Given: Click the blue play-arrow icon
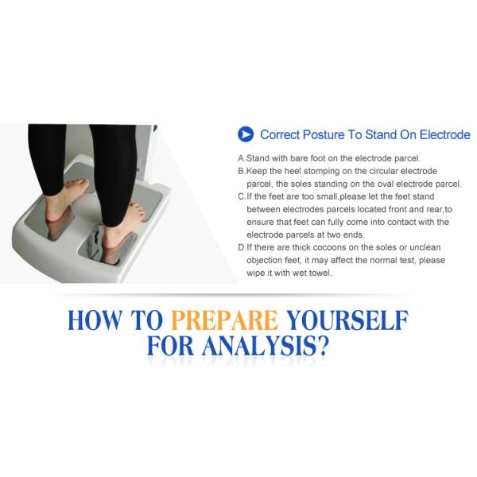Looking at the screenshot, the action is tap(246, 134).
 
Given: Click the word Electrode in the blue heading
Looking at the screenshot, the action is tap(444, 134).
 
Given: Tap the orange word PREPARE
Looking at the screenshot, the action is tap(225, 320).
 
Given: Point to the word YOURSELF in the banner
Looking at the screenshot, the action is tap(347, 320).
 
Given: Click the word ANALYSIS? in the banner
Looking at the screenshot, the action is tap(266, 346).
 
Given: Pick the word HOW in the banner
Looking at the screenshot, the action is tap(95, 320).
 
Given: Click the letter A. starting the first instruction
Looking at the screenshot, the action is tap(242, 158).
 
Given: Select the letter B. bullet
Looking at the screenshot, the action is tap(242, 171).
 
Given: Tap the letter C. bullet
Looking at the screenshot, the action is tap(242, 197).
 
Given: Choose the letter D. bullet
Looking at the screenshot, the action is tap(242, 247).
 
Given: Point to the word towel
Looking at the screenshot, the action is tap(320, 273).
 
